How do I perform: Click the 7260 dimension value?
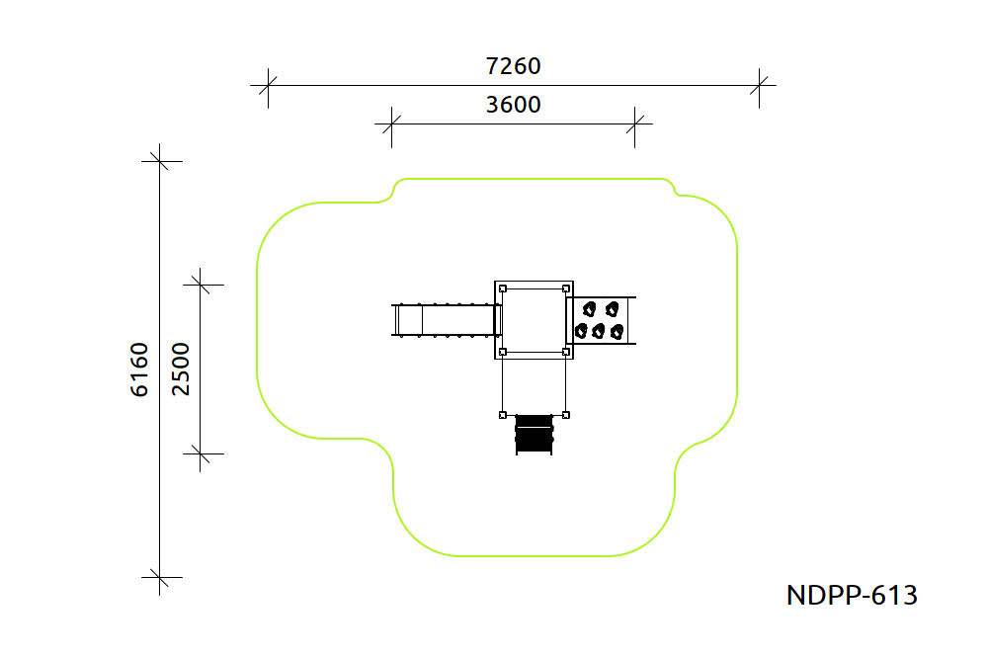(513, 66)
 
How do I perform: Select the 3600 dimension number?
(513, 105)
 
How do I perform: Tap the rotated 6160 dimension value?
(139, 370)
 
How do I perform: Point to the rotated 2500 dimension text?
(180, 370)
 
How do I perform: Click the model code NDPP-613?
(852, 595)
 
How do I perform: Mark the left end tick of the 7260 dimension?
(268, 85)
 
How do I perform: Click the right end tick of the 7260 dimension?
(759, 85)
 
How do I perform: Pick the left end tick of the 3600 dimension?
(391, 124)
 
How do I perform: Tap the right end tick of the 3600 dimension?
(634, 124)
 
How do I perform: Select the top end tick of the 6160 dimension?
(159, 161)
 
